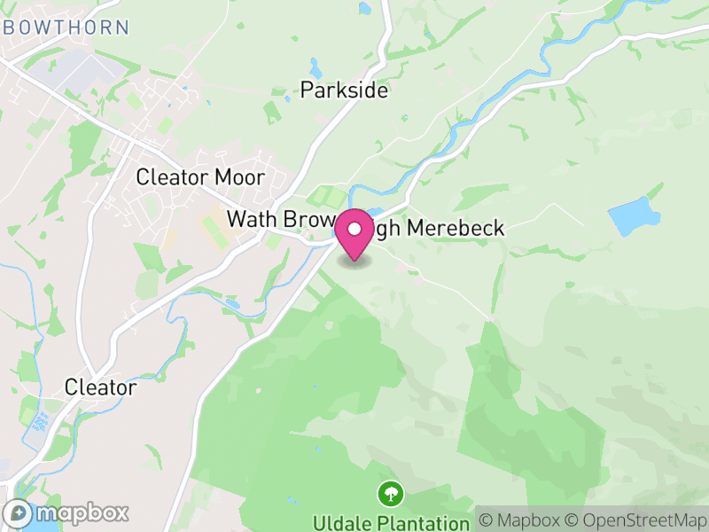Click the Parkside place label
click(344, 90)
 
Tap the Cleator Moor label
click(199, 177)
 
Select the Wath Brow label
click(279, 219)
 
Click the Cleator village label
click(100, 387)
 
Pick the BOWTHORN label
click(66, 27)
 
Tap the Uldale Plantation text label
click(390, 521)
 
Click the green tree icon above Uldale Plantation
click(390, 492)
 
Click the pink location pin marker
click(354, 236)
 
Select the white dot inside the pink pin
click(354, 229)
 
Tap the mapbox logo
click(66, 512)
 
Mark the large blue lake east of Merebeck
click(635, 216)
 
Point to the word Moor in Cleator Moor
click(239, 177)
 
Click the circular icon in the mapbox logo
click(18, 512)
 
